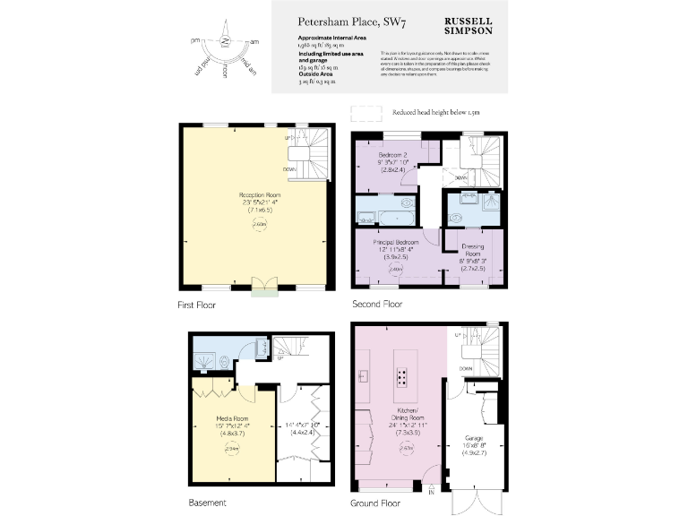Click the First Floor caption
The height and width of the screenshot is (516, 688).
point(196,305)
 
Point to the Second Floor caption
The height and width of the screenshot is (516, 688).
point(377,305)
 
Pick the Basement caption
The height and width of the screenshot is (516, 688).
point(207,502)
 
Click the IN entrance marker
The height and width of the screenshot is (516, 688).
point(431,492)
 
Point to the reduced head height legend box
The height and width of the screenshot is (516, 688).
point(365,114)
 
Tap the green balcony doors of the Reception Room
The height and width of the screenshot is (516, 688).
point(264,286)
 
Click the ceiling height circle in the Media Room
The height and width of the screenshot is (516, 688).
point(230,448)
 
